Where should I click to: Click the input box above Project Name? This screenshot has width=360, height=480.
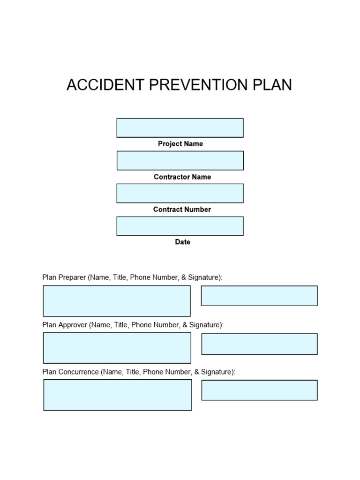180,128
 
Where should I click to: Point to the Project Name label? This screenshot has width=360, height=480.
180,144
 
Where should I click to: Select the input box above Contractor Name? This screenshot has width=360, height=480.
180,160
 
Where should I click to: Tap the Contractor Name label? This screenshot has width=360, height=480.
182,177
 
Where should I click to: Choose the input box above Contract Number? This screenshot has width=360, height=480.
180,193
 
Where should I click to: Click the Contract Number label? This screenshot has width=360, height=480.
182,210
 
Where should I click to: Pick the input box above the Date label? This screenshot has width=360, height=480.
180,226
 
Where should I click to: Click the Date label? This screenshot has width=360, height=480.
183,242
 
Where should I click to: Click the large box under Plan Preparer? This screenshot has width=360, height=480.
117,301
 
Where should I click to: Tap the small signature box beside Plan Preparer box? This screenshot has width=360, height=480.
259,296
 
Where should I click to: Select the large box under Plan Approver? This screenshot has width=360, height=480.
117,348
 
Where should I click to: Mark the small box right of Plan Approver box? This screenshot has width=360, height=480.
259,344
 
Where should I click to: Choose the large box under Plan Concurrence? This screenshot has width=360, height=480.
118,395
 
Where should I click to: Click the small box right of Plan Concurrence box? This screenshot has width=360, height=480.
259,390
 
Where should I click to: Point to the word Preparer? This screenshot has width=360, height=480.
72,277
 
